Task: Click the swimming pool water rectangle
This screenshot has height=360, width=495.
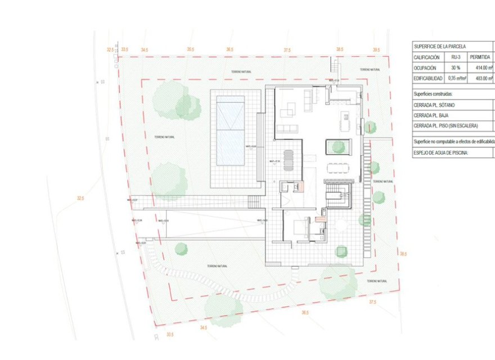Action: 231,130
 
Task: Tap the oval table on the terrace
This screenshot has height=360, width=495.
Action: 289,159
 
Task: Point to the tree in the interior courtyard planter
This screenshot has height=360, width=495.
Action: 337,146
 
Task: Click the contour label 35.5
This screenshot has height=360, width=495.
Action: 191,50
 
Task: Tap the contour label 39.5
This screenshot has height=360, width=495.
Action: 376,50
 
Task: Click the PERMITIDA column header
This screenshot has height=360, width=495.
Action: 480,57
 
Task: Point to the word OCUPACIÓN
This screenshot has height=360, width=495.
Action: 425,67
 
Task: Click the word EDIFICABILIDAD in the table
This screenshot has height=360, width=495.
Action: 429,78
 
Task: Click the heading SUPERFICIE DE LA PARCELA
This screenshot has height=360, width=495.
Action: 440,47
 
